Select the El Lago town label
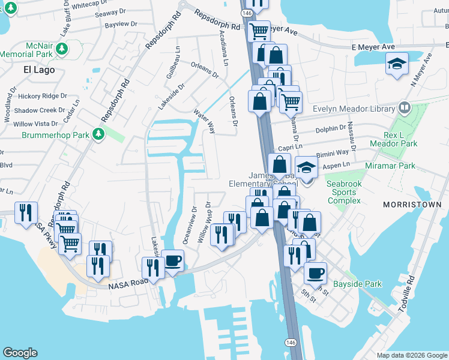[39, 70]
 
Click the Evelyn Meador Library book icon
[404, 109]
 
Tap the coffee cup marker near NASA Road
[173, 261]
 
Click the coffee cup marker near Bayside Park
[315, 274]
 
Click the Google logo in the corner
[20, 353]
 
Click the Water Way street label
[205, 120]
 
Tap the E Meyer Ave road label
[373, 47]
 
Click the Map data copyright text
[411, 355]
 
